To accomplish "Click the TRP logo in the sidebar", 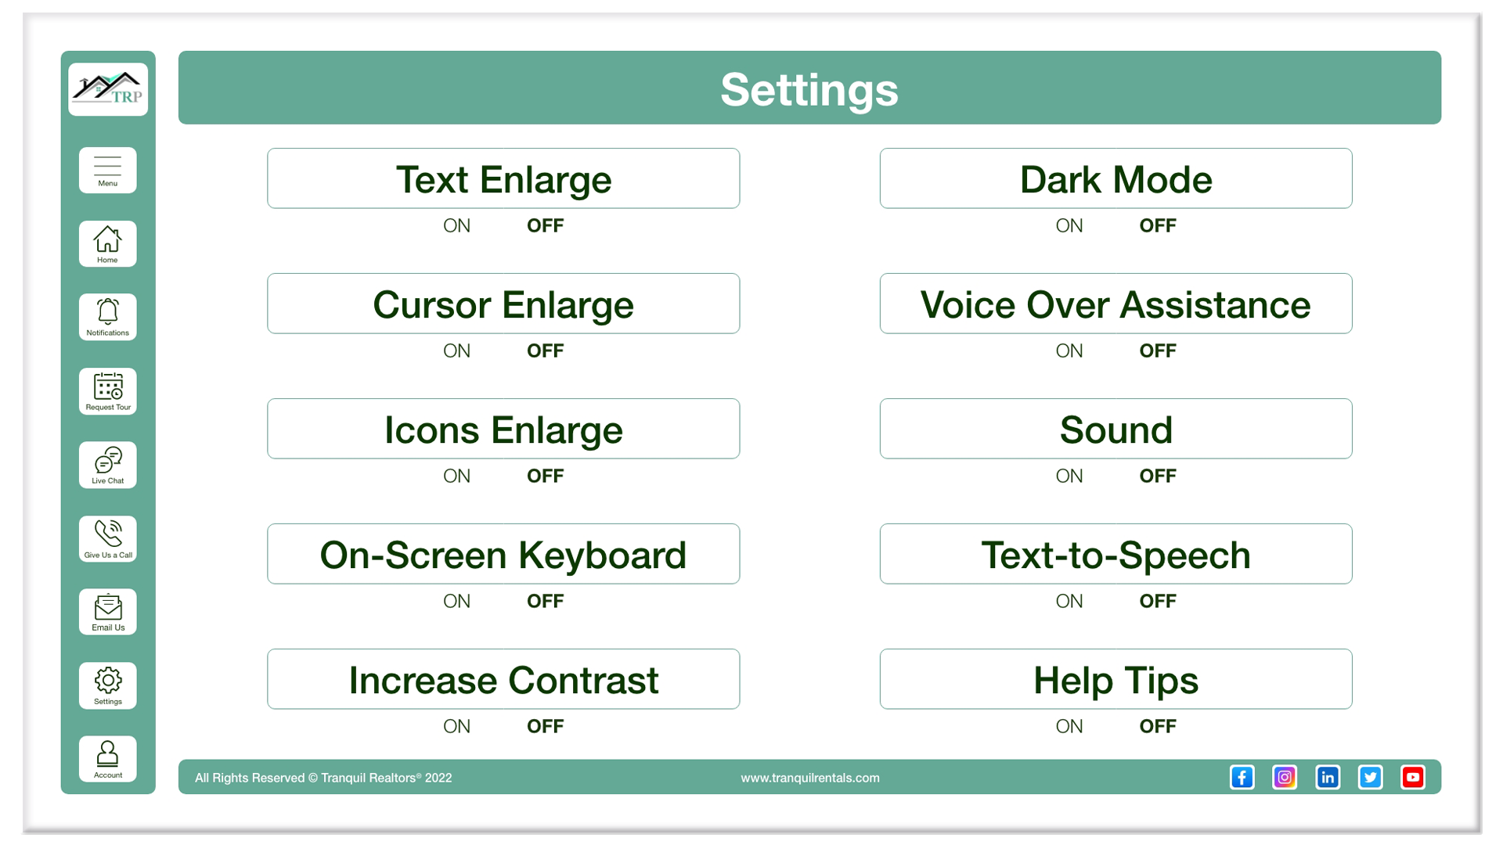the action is [x=108, y=89].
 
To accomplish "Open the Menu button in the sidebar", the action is [x=108, y=170].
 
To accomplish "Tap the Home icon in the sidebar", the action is [x=108, y=244].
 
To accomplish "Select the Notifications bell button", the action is [x=108, y=317].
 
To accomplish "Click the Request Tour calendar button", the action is [x=108, y=391].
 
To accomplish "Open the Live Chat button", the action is [x=108, y=465].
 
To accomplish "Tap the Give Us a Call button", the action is [x=108, y=539].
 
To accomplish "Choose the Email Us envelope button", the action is [x=108, y=612].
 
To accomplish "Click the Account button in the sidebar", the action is [x=108, y=759].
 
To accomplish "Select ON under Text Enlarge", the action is [x=457, y=225].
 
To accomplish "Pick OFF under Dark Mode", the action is [x=1158, y=225].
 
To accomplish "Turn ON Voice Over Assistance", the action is [x=1069, y=351].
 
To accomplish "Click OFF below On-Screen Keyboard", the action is [x=546, y=601].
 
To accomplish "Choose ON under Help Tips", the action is [x=1069, y=726].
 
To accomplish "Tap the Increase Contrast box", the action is [x=503, y=679].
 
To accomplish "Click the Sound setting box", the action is [x=1116, y=429].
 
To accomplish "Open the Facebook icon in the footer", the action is [x=1242, y=777].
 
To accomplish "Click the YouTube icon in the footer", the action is [x=1413, y=777].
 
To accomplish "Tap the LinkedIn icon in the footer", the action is [x=1328, y=777].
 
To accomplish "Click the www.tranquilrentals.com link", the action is [x=810, y=778].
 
